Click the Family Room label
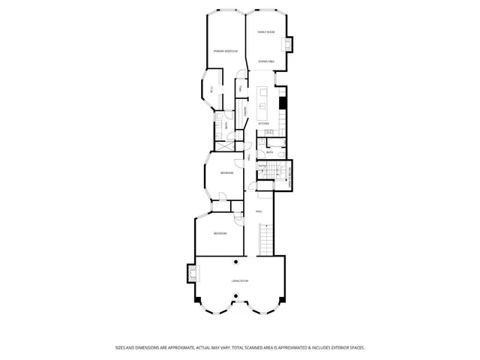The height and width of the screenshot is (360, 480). pos(265,32)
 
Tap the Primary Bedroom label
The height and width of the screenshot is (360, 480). pos(225,51)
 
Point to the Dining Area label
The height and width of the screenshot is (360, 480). pos(265,61)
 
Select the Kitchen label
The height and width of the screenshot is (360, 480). pos(263,123)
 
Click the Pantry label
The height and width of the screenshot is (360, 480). pos(245,112)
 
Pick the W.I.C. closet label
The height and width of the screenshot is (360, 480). pos(212,90)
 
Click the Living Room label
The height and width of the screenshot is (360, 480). pos(239,280)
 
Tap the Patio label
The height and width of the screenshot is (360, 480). pos(262,166)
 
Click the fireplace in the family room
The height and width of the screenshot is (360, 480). pos(289,44)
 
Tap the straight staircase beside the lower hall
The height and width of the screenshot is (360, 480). pos(265,241)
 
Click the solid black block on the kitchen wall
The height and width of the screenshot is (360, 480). pos(283,102)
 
